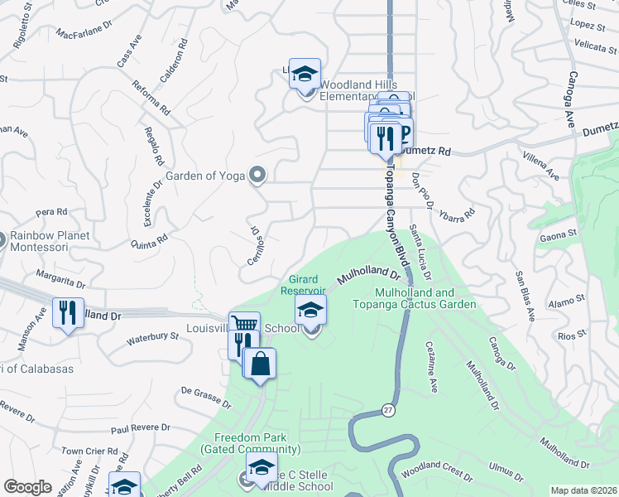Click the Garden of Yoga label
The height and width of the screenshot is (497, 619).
click(x=208, y=175)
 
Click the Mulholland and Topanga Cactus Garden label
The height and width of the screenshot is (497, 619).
click(x=425, y=298)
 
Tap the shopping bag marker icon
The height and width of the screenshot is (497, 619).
click(x=260, y=364)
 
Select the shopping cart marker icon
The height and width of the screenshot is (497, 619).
click(x=244, y=325)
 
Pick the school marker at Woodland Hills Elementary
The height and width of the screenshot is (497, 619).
click(x=305, y=74)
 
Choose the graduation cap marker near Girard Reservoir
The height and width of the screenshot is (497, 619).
click(x=311, y=310)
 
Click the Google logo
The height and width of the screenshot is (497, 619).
click(x=27, y=486)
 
